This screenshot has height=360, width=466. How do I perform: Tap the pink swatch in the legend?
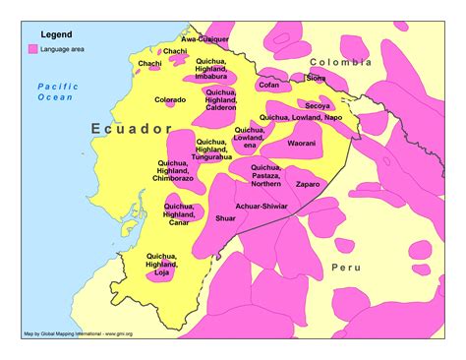33,48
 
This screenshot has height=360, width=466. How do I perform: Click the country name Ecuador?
131,129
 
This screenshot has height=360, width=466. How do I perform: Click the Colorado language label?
170,99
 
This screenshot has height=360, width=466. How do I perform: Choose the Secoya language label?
317,104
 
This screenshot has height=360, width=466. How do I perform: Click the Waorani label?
301,144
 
